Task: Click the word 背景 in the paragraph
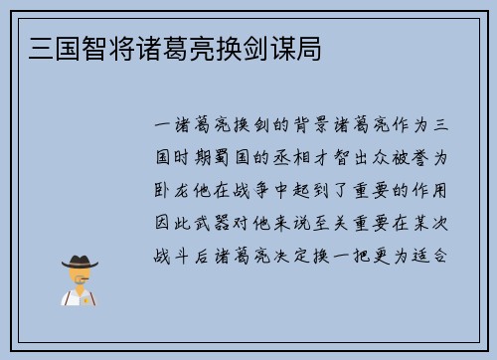point(302,126)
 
